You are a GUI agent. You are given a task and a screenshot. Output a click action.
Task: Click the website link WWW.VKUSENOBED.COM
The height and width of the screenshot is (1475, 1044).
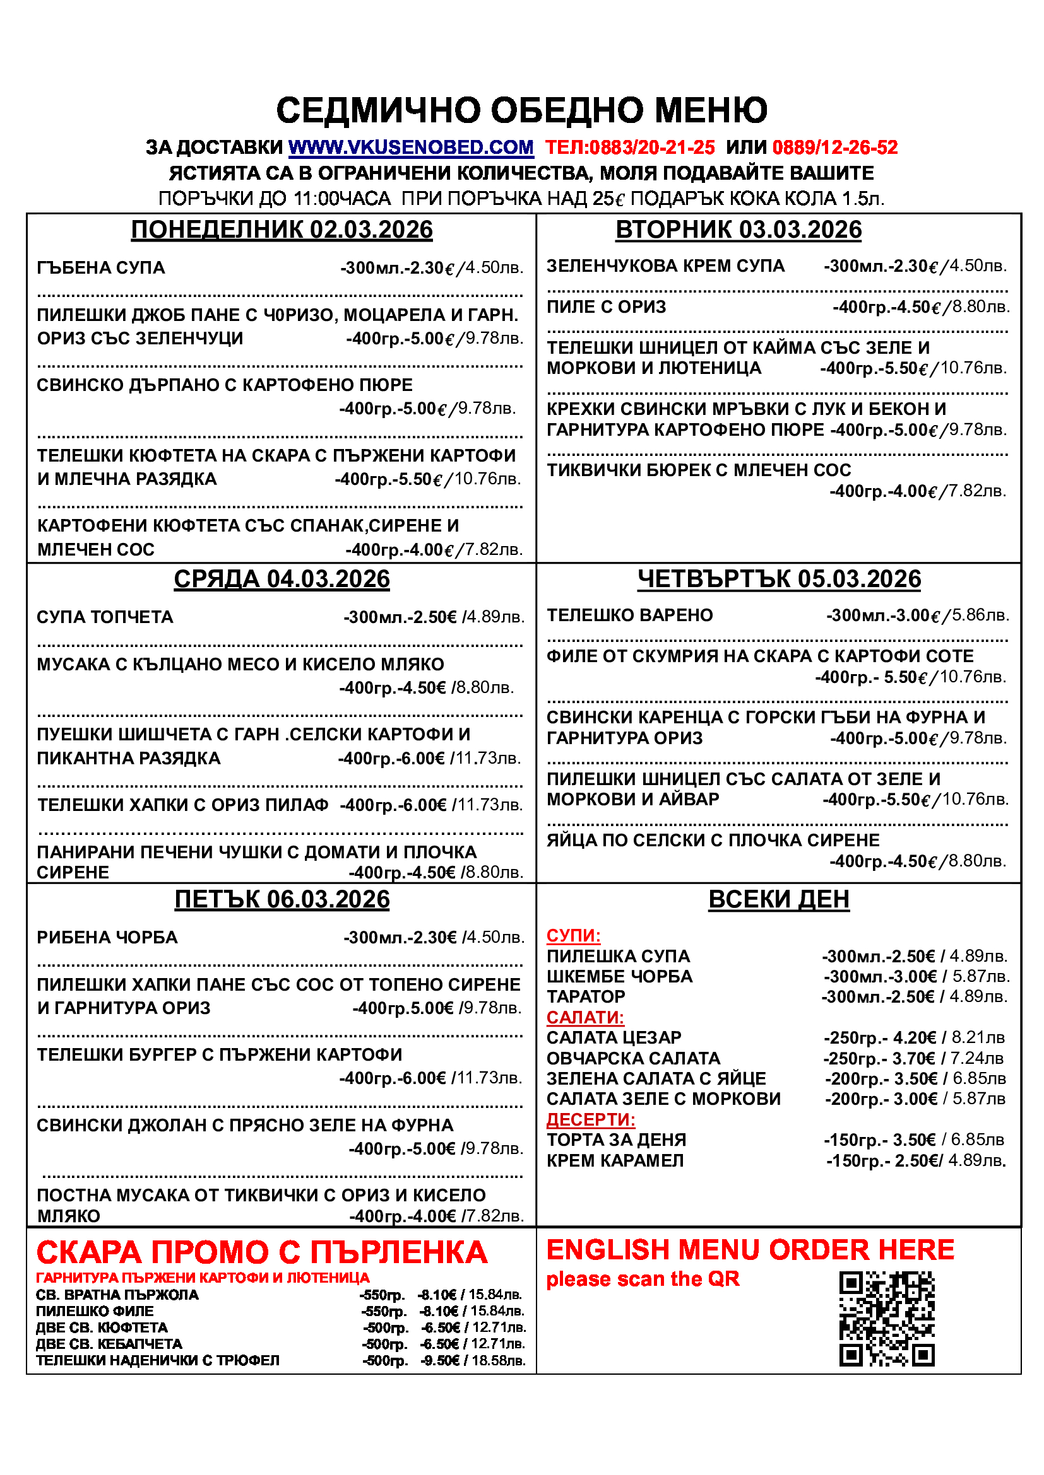pyautogui.click(x=411, y=148)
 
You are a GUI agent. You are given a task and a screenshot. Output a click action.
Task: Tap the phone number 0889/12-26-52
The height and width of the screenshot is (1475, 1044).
pyautogui.click(x=834, y=148)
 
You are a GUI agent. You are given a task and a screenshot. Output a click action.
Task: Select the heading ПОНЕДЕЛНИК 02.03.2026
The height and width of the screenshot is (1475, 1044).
pyautogui.click(x=282, y=230)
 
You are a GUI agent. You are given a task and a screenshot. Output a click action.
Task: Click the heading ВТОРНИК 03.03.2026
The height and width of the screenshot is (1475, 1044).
pyautogui.click(x=738, y=230)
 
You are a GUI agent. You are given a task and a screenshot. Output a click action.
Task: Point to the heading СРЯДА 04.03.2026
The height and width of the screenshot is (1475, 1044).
pyautogui.click(x=282, y=580)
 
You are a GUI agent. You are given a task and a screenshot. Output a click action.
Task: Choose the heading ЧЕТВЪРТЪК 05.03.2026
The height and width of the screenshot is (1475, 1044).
pyautogui.click(x=779, y=580)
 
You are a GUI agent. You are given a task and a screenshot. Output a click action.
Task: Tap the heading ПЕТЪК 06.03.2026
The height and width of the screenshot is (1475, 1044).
pyautogui.click(x=282, y=899)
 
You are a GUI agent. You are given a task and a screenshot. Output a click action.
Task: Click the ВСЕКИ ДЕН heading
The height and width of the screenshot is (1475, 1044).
pyautogui.click(x=778, y=899)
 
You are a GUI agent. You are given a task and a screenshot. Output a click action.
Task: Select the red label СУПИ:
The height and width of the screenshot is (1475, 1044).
pyautogui.click(x=573, y=935)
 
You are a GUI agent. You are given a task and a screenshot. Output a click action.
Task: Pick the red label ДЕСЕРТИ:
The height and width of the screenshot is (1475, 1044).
pyautogui.click(x=590, y=1120)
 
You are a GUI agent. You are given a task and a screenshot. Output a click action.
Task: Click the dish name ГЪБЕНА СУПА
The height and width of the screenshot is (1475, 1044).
pyautogui.click(x=101, y=268)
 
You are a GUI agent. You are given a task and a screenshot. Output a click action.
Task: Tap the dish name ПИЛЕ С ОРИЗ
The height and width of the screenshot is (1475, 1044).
pyautogui.click(x=605, y=307)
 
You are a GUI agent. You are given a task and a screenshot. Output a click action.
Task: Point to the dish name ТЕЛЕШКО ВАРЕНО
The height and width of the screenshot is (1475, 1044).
pyautogui.click(x=629, y=615)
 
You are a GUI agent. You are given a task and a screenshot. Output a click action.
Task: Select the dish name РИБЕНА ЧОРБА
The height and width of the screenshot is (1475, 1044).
pyautogui.click(x=107, y=937)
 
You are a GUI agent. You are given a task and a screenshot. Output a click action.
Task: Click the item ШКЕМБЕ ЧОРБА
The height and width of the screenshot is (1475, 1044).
pyautogui.click(x=619, y=976)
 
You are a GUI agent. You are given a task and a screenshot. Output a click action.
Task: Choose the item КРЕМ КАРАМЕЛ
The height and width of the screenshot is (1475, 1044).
pyautogui.click(x=615, y=1161)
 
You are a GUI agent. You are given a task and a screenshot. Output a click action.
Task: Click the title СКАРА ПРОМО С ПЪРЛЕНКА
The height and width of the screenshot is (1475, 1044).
pyautogui.click(x=262, y=1254)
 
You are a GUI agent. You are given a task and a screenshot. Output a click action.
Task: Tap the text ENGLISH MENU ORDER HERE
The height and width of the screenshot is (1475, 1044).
pyautogui.click(x=750, y=1250)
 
